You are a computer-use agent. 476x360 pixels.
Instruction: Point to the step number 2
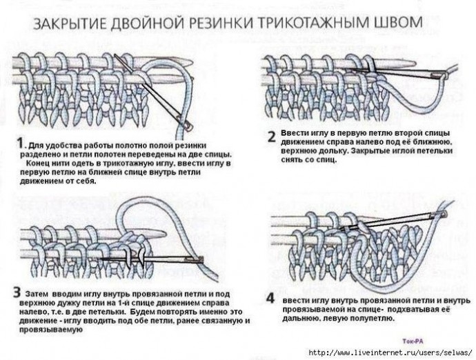271,136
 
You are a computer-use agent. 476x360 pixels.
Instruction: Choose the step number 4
271,299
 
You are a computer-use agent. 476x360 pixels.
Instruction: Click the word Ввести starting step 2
295,132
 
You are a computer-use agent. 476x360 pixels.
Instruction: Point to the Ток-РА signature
411,340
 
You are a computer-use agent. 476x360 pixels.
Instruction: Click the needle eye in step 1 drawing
185,123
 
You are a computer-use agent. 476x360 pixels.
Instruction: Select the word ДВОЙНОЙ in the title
141,23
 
